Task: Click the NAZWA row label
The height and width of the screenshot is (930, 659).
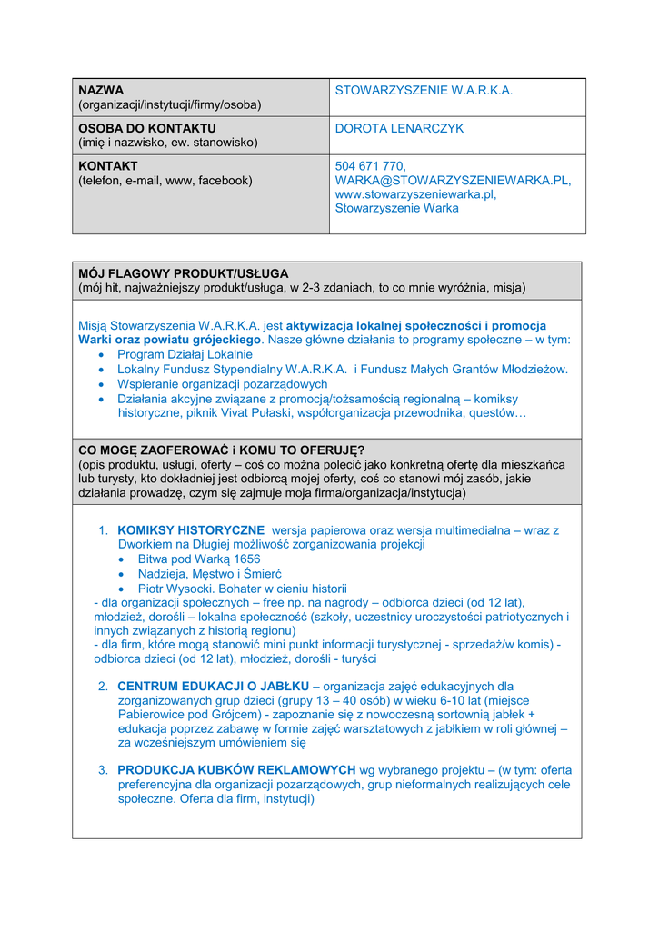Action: (x=101, y=91)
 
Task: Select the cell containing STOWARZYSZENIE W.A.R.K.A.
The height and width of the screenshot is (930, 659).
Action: (x=424, y=91)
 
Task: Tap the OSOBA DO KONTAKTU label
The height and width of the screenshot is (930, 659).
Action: (x=146, y=129)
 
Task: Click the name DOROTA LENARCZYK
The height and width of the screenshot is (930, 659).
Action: (x=399, y=129)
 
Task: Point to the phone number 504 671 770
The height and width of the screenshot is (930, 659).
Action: (x=370, y=167)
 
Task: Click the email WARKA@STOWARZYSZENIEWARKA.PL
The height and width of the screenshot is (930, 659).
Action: (x=453, y=181)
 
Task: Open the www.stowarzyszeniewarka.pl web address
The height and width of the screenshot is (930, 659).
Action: (x=415, y=194)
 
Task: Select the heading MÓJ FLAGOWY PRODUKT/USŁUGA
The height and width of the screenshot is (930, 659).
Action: (x=184, y=273)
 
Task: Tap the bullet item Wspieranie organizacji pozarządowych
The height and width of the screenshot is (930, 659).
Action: (x=222, y=384)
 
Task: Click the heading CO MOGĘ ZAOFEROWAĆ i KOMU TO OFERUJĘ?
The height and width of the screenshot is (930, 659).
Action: (x=222, y=450)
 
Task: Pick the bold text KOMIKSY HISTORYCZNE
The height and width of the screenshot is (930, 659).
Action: (x=191, y=530)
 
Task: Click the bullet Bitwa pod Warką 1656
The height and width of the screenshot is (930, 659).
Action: (x=198, y=559)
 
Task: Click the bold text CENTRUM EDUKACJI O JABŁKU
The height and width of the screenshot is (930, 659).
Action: (x=214, y=687)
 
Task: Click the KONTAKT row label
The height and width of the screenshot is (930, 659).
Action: (x=108, y=167)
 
